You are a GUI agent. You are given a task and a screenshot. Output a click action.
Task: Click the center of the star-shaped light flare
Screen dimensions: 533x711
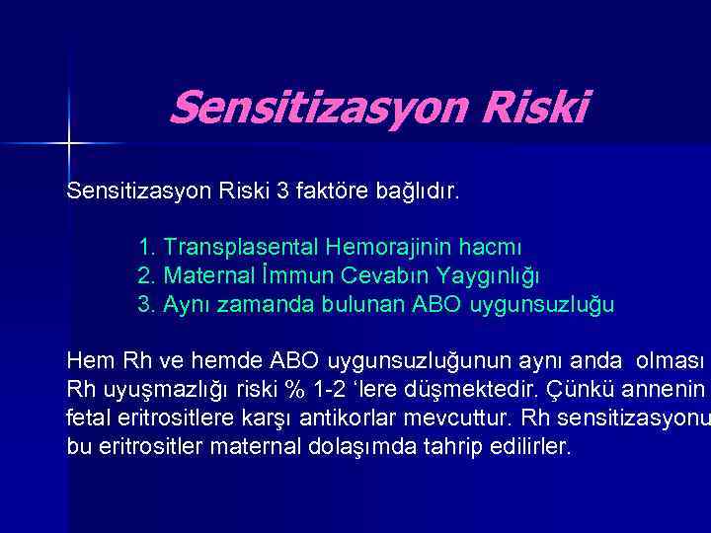click(69, 144)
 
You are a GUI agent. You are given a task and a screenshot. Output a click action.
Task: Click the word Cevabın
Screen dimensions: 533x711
click(365, 274)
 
